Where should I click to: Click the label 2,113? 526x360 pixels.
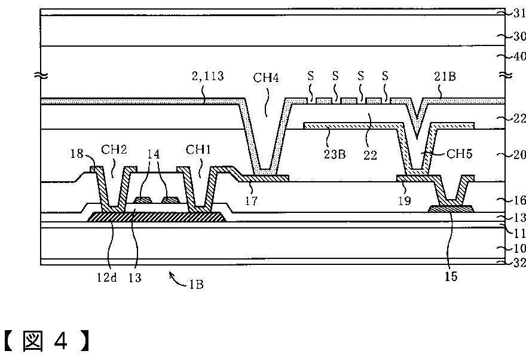(x=209, y=77)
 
